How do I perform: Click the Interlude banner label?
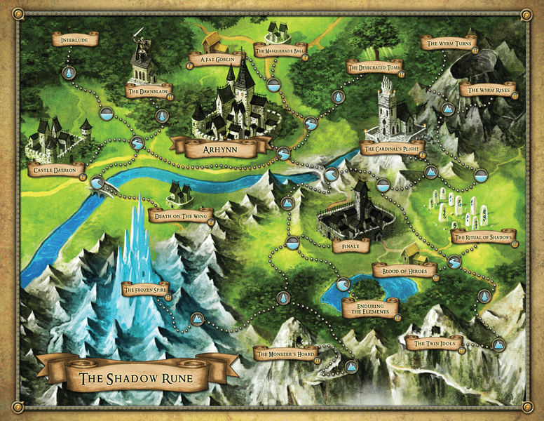pyautogui.click(x=74, y=39)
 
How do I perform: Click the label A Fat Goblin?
pyautogui.click(x=215, y=60)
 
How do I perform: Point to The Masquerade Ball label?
pyautogui.click(x=280, y=51)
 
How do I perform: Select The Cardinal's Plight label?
pyautogui.click(x=392, y=148)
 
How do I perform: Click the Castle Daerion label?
pyautogui.click(x=57, y=170)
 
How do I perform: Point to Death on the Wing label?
pyautogui.click(x=181, y=215)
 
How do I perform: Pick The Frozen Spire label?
pyautogui.click(x=145, y=289)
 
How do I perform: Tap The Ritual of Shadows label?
pyautogui.click(x=484, y=236)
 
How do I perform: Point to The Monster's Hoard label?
pyautogui.click(x=286, y=354)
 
